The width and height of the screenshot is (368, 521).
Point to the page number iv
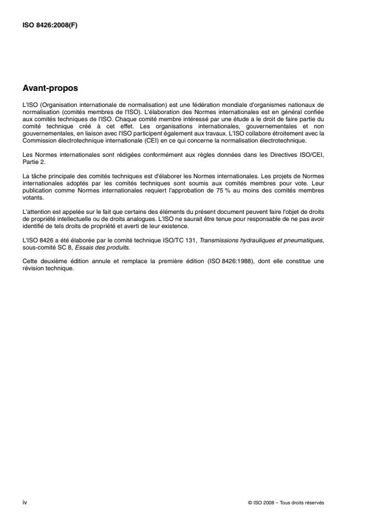pyautogui.click(x=24, y=502)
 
